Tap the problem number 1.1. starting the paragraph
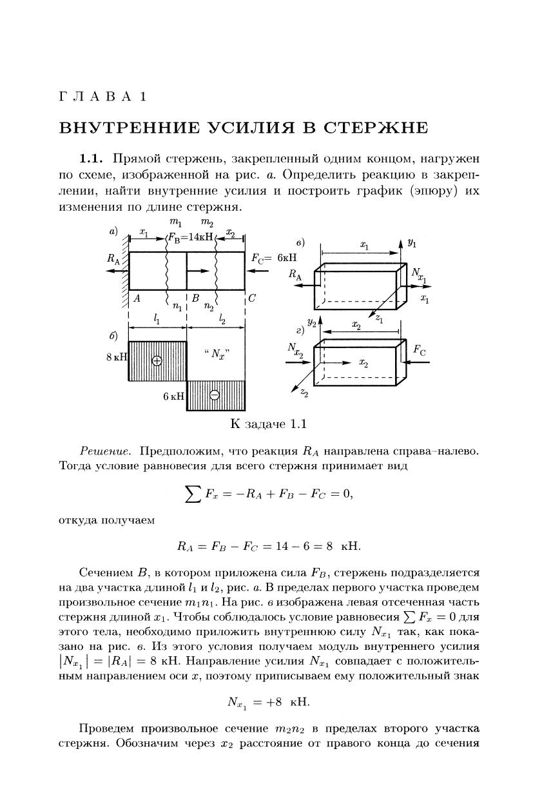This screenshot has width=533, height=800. coord(92,159)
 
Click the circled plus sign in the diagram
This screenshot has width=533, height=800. coord(157,360)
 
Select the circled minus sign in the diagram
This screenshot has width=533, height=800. coord(215,395)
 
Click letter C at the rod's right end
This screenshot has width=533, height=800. coord(251,298)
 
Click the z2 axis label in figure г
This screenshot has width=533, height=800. coord(303,393)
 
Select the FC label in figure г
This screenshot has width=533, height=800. coord(419,351)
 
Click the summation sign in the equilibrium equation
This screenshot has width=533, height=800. coord(191,494)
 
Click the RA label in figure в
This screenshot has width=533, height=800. coord(296,275)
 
